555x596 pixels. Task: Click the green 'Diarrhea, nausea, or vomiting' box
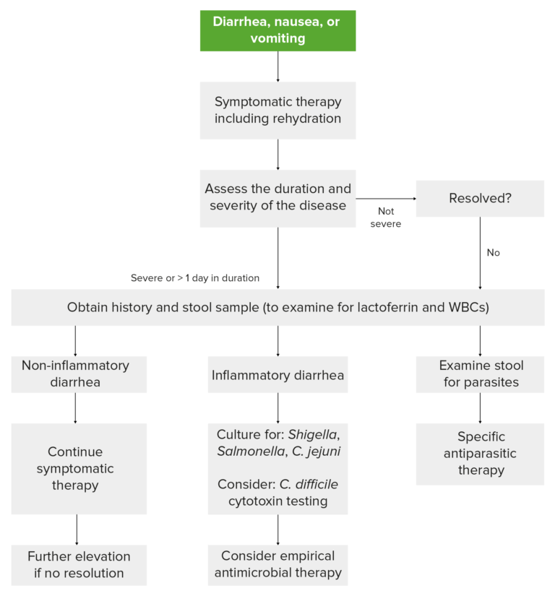[x=277, y=30]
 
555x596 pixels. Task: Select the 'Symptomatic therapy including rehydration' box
[x=277, y=110]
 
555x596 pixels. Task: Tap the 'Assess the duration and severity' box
[x=277, y=197]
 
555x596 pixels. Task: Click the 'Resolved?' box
[x=480, y=198]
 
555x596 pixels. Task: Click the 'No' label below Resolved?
[x=494, y=253]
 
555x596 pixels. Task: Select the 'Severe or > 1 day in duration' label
[x=195, y=277]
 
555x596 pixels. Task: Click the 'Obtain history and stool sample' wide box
[x=277, y=307]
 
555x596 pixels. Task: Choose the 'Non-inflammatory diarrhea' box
[x=75, y=373]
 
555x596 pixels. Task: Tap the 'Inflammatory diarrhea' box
[x=277, y=376]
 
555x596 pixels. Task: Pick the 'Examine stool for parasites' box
[x=480, y=373]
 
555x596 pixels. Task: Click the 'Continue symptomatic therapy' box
[x=80, y=468]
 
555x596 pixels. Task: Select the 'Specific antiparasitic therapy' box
[x=480, y=454]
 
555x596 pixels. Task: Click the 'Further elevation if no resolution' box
[x=79, y=565]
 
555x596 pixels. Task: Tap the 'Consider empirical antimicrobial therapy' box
[x=277, y=565]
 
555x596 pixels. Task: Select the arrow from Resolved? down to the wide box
[x=480, y=253]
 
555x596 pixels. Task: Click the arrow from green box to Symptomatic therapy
[x=277, y=66]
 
